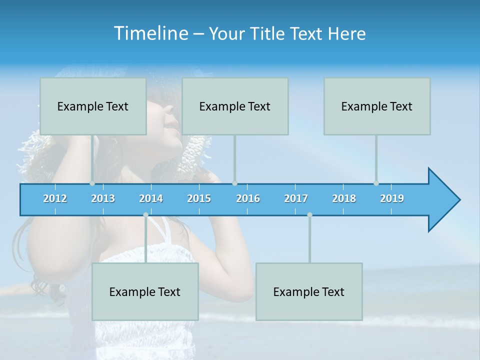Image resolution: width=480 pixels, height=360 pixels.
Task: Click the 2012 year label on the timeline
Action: point(55,198)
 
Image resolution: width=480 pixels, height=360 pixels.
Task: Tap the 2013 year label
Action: point(103,198)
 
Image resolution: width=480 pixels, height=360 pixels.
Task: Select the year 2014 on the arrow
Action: point(151,198)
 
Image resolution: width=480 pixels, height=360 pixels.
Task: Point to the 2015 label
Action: point(199,198)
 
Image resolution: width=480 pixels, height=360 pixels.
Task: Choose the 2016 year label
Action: point(248,198)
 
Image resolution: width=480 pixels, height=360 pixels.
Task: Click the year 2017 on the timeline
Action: point(296,198)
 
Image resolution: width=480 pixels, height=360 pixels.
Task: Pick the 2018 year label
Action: point(344,198)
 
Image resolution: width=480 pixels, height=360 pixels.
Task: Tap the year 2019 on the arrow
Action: point(392,198)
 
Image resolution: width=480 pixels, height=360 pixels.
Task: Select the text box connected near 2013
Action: point(93,106)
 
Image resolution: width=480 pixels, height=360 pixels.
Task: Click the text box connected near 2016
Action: point(235,106)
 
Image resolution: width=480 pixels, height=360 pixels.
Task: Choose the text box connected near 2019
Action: point(377,106)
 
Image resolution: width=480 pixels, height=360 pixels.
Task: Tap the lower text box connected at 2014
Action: point(145,291)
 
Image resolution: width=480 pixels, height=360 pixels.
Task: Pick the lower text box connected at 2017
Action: point(309,291)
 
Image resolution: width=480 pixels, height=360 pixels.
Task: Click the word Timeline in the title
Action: point(149,33)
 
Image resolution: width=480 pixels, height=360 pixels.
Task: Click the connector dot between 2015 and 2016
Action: point(235,183)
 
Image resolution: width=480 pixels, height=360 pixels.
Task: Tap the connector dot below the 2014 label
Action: point(145,214)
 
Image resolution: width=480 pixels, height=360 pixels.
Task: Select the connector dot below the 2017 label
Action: point(309,214)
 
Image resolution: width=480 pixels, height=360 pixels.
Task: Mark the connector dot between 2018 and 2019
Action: point(376,183)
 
